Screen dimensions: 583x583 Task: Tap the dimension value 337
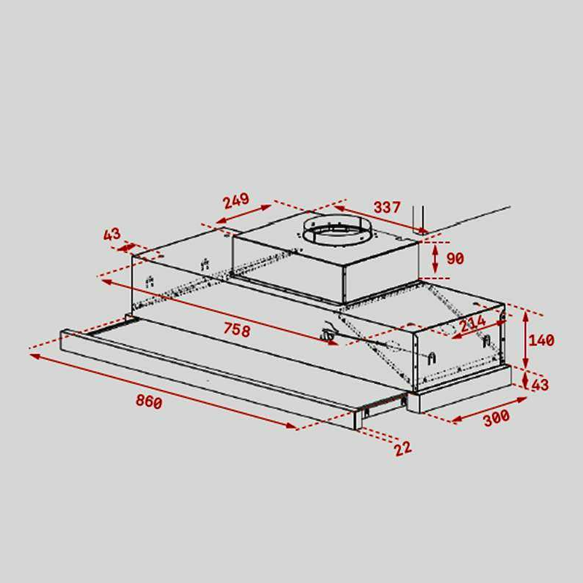(x=387, y=207)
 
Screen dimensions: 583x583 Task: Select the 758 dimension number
(x=237, y=329)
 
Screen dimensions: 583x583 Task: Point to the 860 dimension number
(x=149, y=402)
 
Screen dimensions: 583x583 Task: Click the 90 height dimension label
(x=455, y=259)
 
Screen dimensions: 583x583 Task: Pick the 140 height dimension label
(x=541, y=340)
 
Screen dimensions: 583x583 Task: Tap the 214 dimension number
(x=472, y=323)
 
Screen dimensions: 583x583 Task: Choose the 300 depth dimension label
(x=496, y=417)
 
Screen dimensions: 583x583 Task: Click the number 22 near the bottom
(x=403, y=448)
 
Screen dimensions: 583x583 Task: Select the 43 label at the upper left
(x=112, y=234)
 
